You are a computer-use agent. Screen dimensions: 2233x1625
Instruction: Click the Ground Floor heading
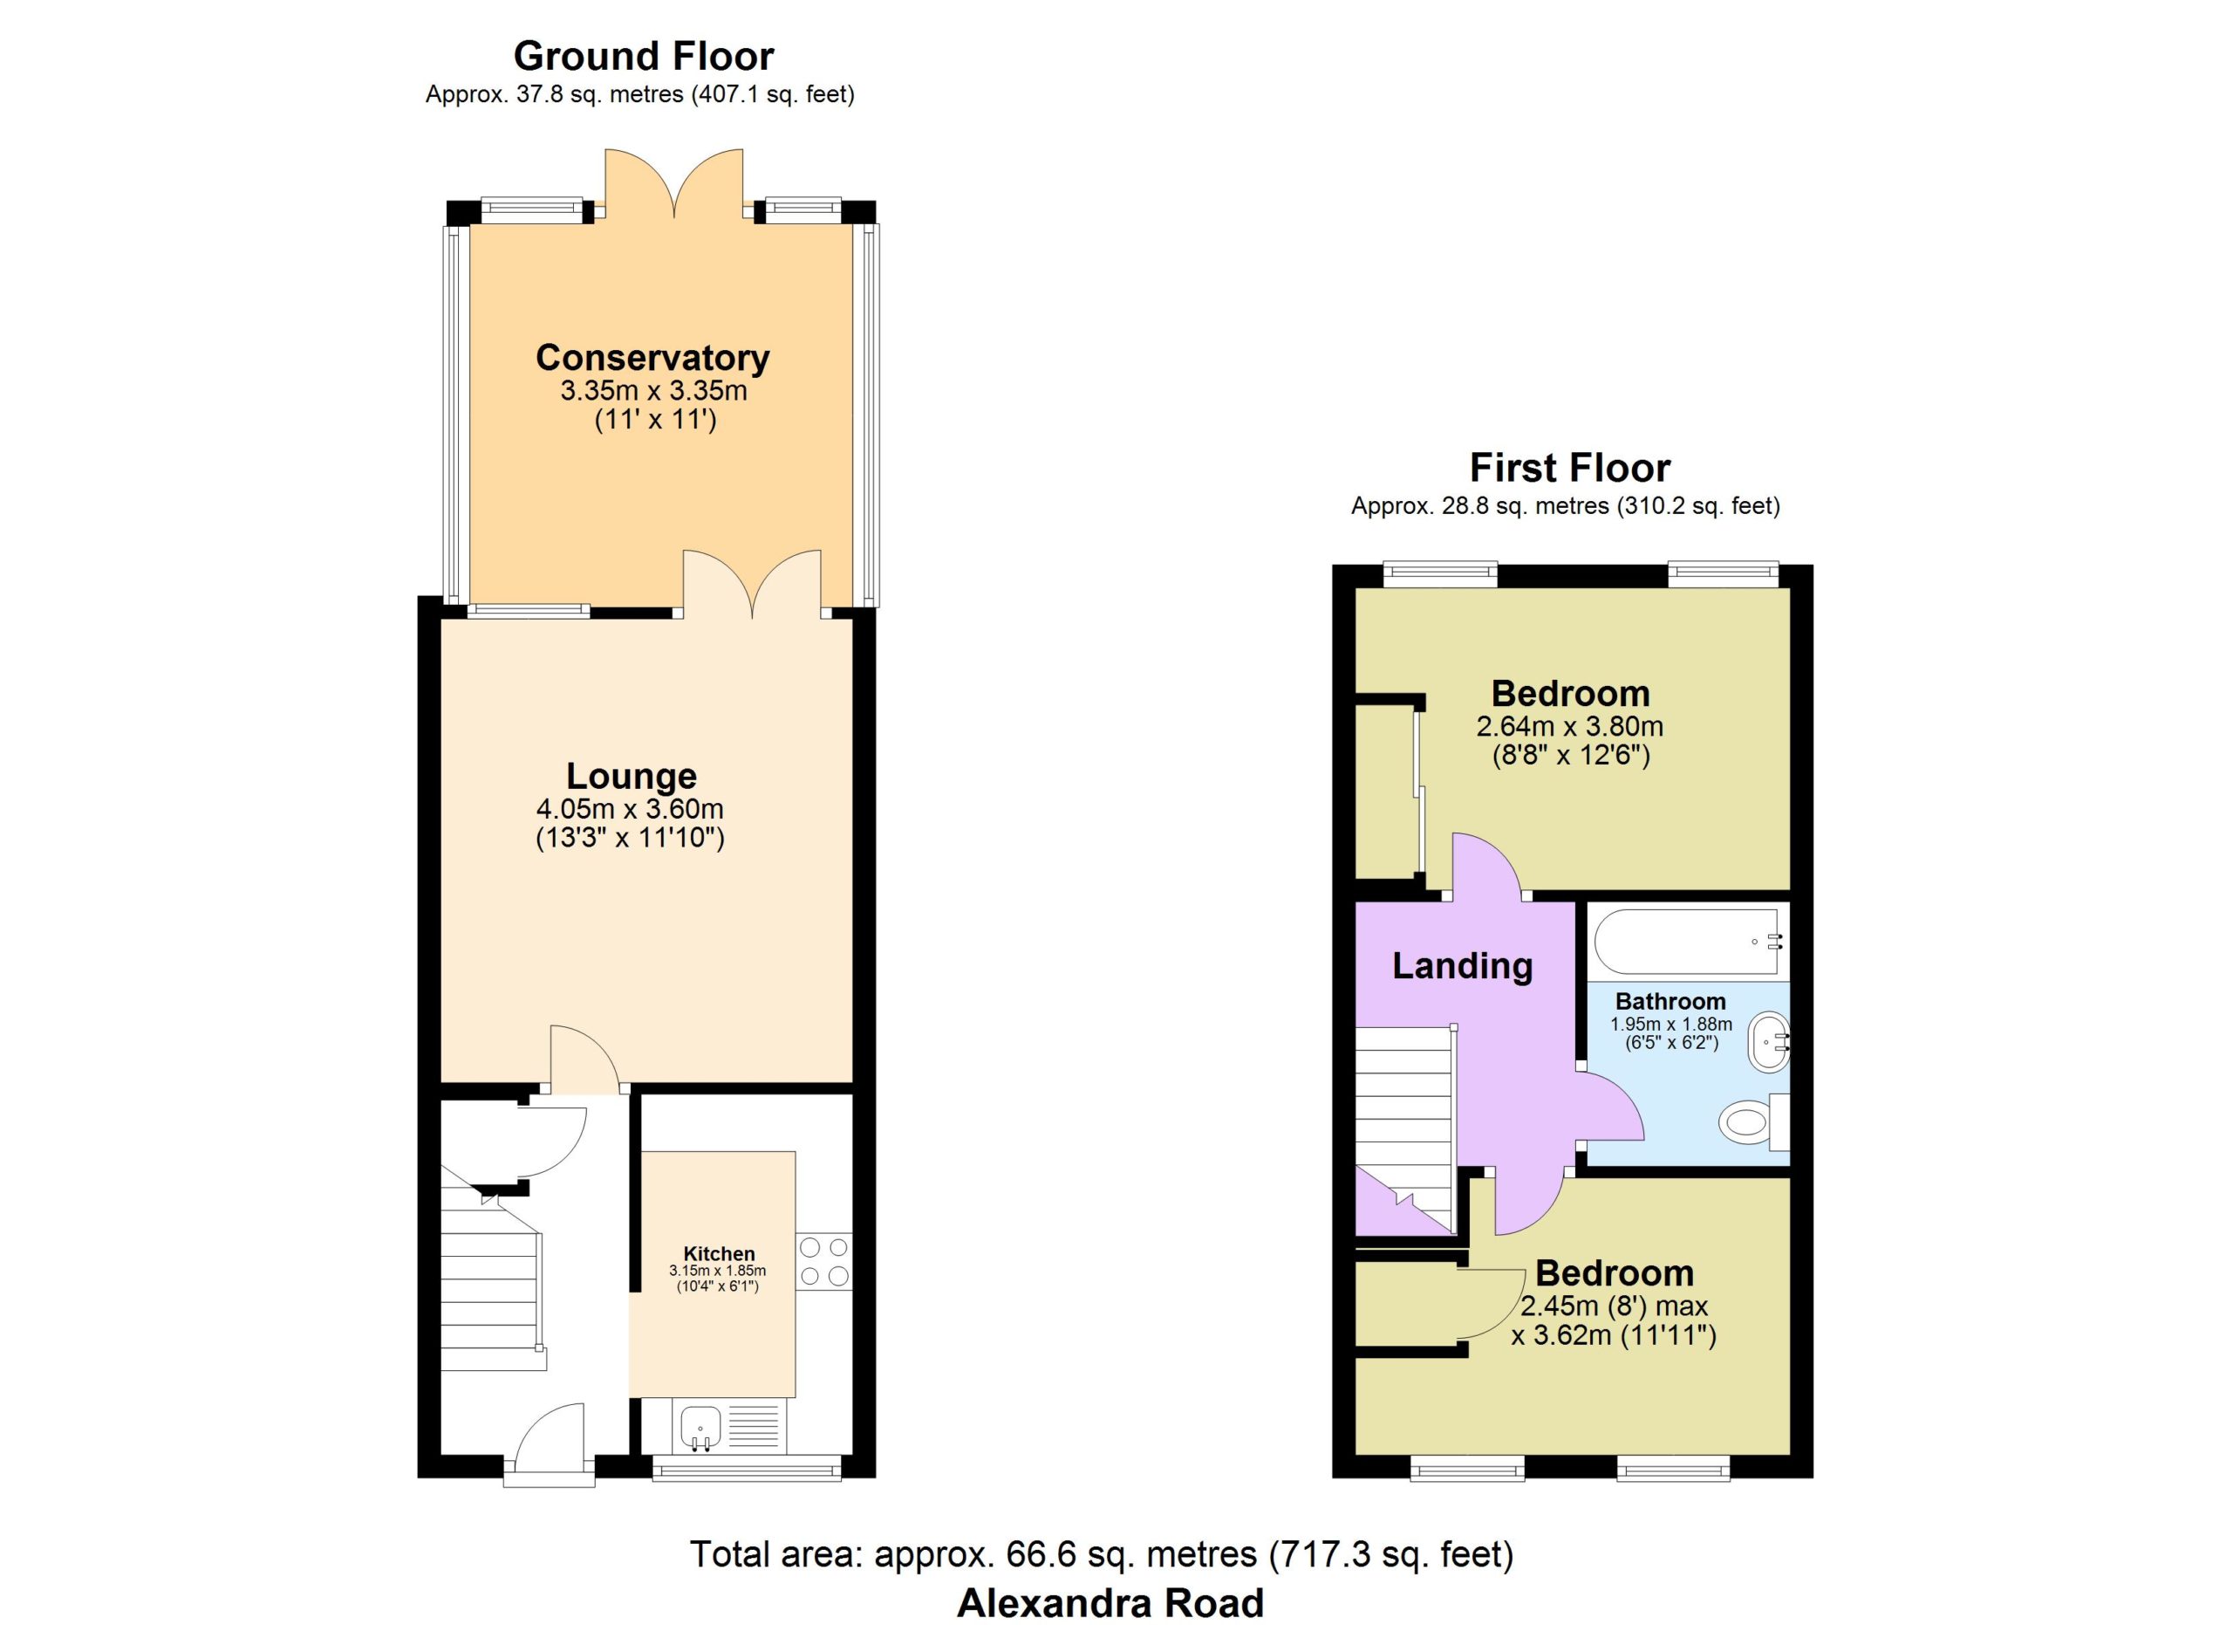coord(644,56)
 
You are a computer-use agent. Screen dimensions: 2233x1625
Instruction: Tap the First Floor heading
coord(1569,467)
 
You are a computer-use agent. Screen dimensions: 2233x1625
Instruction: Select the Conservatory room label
coord(652,357)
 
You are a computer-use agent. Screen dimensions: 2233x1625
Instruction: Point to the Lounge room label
coord(632,775)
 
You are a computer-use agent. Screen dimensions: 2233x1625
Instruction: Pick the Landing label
coord(1462,966)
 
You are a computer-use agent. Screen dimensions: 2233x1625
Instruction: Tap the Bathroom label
coord(1670,1002)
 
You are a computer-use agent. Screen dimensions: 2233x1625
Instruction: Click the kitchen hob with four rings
coord(824,1262)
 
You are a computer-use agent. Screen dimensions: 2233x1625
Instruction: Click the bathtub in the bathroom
coord(1690,943)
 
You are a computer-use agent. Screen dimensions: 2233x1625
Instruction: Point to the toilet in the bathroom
coord(1753,1121)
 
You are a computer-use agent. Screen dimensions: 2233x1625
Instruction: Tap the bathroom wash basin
coord(1768,1043)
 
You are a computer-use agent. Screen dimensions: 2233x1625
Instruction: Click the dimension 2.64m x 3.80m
coord(1569,727)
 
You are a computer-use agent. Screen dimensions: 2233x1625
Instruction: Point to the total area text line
coord(1102,1554)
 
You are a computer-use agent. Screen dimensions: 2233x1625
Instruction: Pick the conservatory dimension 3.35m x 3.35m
coord(653,391)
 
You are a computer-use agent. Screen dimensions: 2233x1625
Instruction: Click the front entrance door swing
coord(550,1440)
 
